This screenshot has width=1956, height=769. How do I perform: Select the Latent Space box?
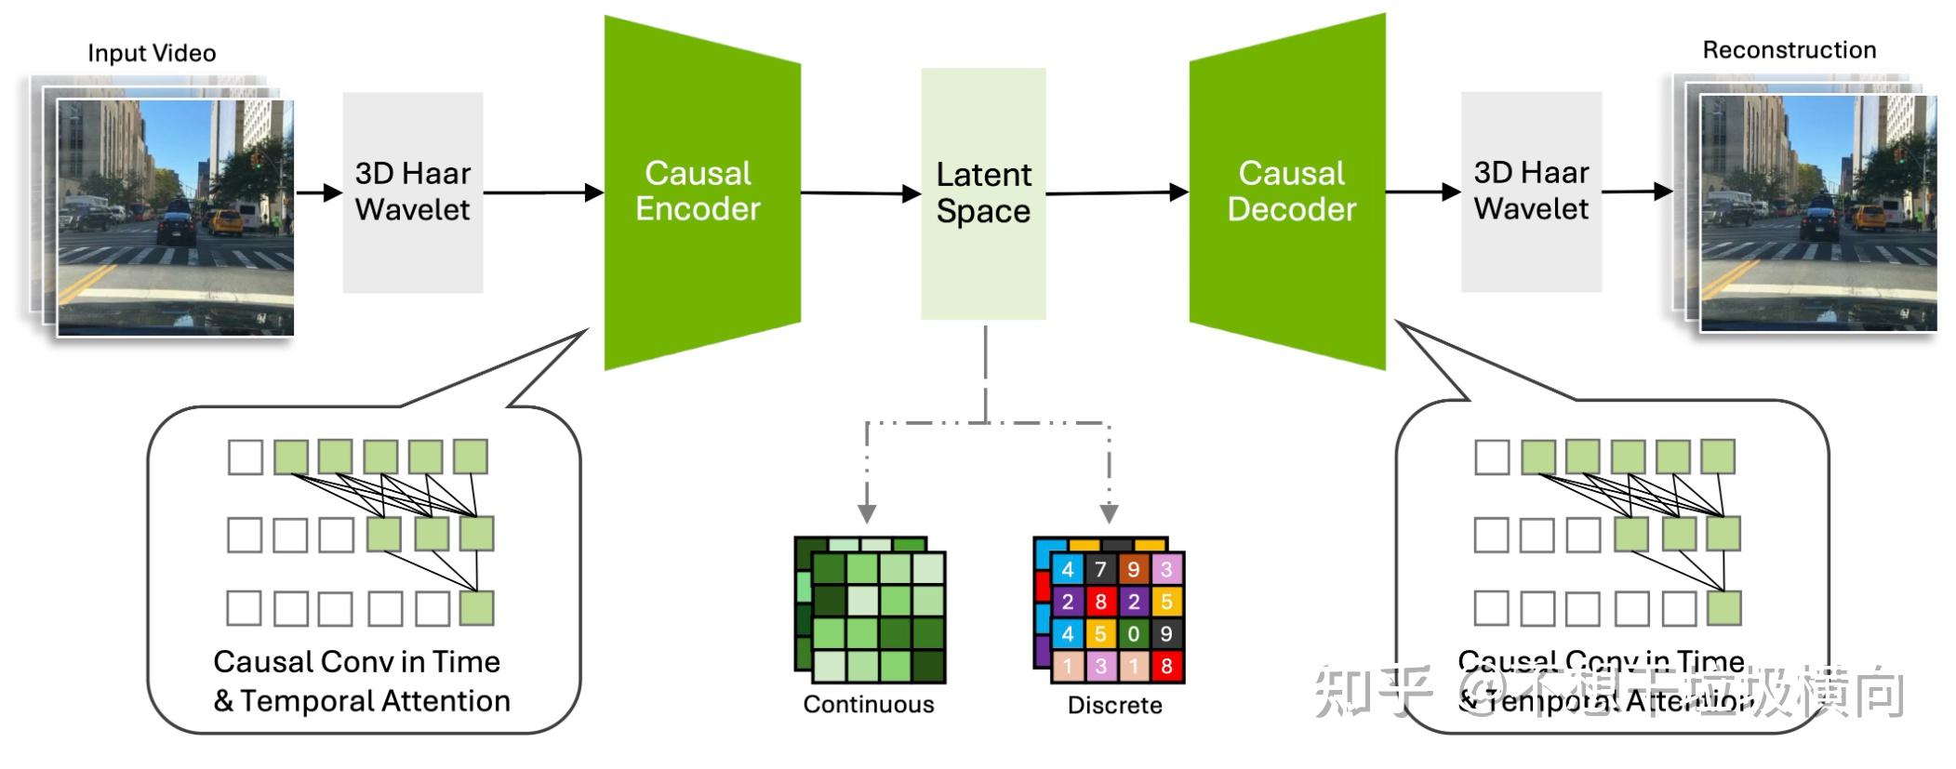(x=983, y=193)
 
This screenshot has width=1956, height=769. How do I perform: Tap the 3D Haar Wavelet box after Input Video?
(x=412, y=192)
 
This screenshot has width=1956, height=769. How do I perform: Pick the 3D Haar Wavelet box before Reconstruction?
(x=1531, y=192)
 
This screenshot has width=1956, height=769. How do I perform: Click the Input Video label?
(x=152, y=53)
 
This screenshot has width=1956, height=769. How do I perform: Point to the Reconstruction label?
(x=1789, y=50)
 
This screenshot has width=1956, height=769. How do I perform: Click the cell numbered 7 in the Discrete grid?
(x=1100, y=569)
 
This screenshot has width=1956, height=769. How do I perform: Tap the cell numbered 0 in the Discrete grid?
(x=1133, y=634)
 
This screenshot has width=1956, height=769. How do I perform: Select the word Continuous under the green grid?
(x=868, y=704)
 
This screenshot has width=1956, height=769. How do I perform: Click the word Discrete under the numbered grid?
(x=1114, y=705)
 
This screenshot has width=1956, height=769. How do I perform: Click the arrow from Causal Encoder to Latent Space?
(x=860, y=193)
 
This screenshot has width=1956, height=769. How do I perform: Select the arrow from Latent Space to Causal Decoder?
(x=1116, y=193)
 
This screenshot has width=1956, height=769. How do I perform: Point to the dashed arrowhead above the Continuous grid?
(x=867, y=513)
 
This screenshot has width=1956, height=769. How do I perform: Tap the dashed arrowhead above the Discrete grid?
(x=1109, y=513)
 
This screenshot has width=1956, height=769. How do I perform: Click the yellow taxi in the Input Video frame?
(x=223, y=221)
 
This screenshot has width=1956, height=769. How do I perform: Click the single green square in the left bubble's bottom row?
(x=476, y=608)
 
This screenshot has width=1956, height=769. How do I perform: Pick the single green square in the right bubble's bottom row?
(x=1723, y=608)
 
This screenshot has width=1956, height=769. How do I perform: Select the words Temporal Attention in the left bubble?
(x=375, y=700)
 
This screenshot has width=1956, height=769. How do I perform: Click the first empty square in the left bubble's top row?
(x=246, y=457)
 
